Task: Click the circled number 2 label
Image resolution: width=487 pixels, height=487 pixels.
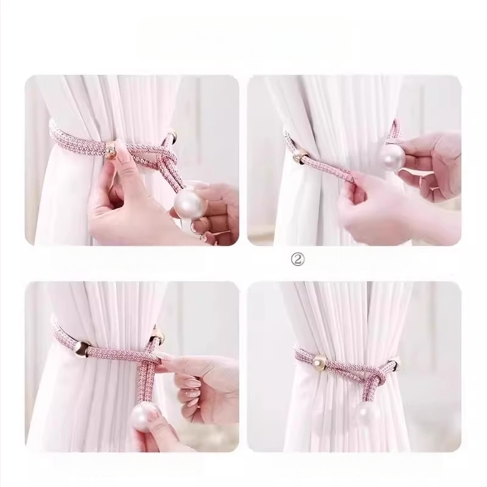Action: click(298, 260)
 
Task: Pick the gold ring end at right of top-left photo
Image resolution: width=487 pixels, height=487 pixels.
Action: click(172, 137)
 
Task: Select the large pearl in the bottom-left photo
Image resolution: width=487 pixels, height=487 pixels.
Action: click(146, 417)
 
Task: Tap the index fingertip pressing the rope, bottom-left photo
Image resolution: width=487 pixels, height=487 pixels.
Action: click(164, 360)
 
